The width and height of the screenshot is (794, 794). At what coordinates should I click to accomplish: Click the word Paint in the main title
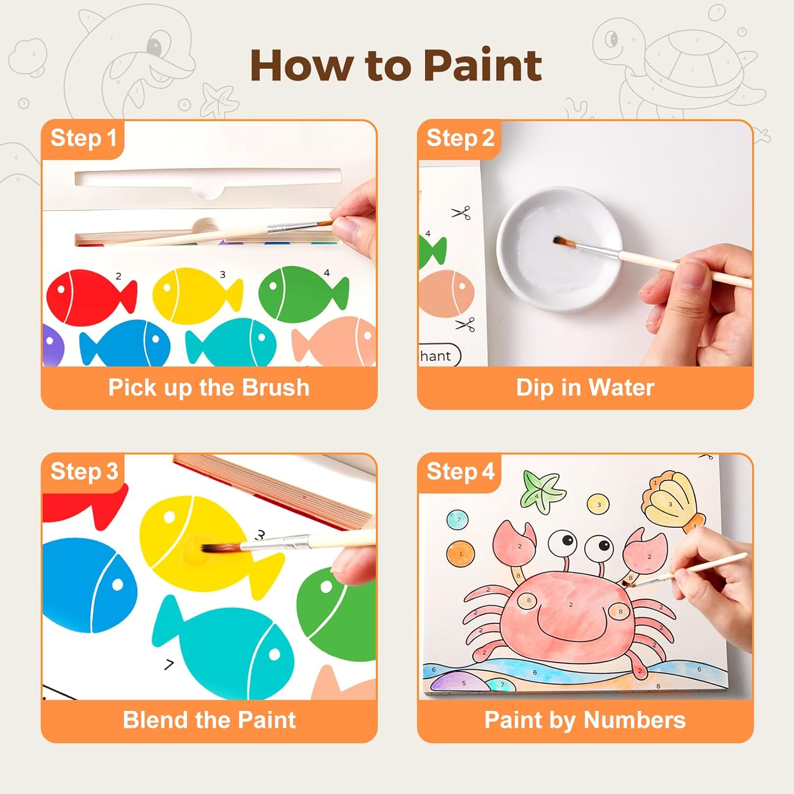pyautogui.click(x=482, y=66)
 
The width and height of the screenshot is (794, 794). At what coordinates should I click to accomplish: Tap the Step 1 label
pyautogui.click(x=83, y=138)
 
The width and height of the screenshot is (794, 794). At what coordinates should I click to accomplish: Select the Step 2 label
pyautogui.click(x=460, y=138)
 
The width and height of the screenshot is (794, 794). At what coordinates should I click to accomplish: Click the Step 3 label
pyautogui.click(x=84, y=471)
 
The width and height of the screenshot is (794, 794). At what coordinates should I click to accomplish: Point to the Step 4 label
pyautogui.click(x=460, y=471)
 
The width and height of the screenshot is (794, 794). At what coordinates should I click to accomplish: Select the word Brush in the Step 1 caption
pyautogui.click(x=275, y=387)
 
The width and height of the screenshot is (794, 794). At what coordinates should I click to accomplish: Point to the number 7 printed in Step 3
pyautogui.click(x=169, y=664)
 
